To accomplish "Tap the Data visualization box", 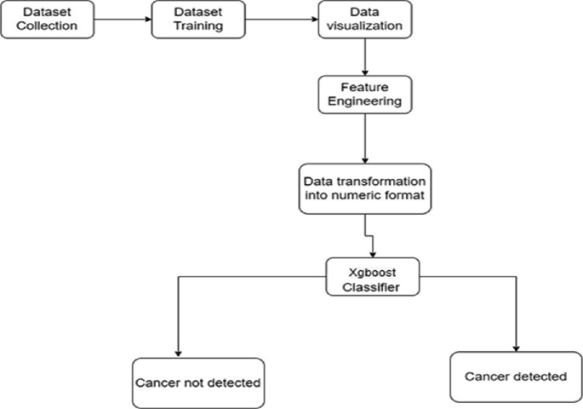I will coord(364,20).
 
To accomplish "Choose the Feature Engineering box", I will coord(365,94).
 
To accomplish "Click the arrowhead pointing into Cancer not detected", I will coord(176,353).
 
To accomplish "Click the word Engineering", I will coord(365,102).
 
